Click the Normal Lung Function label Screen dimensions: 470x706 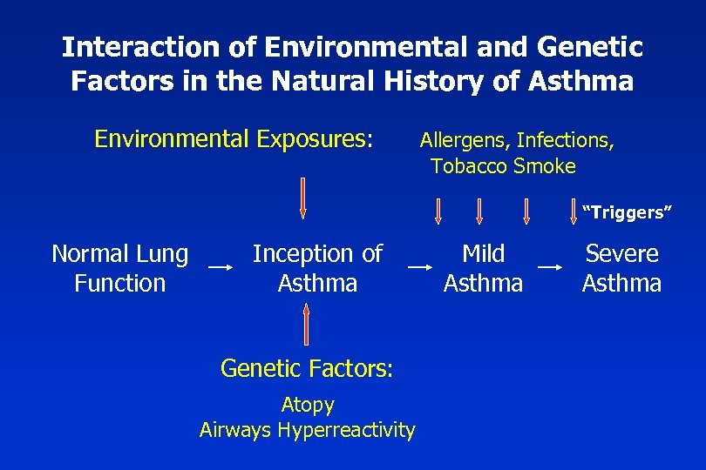[x=119, y=268]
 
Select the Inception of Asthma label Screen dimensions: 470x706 [x=317, y=268]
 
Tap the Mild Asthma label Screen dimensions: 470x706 [x=483, y=268]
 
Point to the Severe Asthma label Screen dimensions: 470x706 [x=621, y=268]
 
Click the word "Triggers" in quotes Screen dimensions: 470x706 [x=628, y=212]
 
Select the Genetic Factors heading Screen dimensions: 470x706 [x=308, y=368]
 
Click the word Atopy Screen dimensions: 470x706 [x=308, y=405]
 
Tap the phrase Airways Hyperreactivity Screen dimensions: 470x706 [x=308, y=429]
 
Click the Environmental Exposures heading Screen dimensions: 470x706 [x=234, y=139]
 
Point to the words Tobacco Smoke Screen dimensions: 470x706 [x=503, y=166]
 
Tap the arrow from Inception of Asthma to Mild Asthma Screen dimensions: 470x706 [x=422, y=264]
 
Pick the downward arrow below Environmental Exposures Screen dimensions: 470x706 [x=302, y=197]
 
